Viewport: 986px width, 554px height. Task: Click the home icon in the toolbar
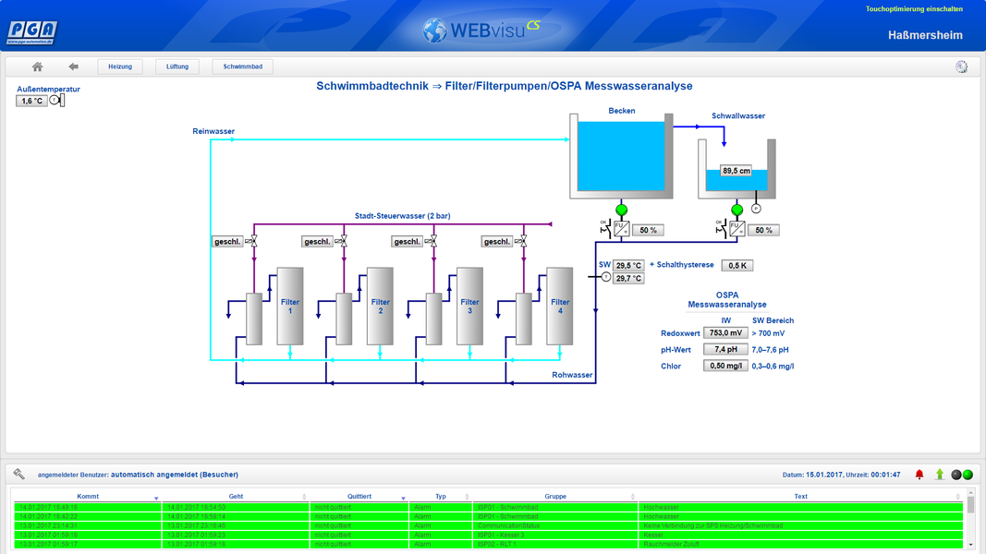[37, 66]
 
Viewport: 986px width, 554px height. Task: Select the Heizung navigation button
[120, 66]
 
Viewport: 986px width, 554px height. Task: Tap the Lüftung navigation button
[177, 66]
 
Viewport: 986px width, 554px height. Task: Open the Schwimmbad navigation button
[243, 66]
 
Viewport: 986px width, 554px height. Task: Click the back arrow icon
[74, 66]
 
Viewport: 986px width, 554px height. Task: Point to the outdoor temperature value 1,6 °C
[31, 101]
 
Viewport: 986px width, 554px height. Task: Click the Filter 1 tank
[289, 306]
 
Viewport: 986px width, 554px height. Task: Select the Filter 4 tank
[559, 306]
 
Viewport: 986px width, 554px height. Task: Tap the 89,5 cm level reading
[736, 171]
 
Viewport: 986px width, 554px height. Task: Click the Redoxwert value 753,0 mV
[725, 332]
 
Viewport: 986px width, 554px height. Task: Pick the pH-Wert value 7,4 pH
[725, 350]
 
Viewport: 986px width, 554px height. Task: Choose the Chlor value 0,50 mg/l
[725, 367]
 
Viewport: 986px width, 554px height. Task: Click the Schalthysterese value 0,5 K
[736, 265]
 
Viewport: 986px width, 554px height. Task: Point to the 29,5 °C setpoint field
[628, 265]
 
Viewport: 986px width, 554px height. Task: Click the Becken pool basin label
[622, 111]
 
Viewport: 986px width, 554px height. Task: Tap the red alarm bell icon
[919, 475]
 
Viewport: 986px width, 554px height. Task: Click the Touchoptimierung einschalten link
[914, 9]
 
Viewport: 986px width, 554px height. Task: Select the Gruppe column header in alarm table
[554, 497]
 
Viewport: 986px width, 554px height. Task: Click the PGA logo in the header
[32, 32]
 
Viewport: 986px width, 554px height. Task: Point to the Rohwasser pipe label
[572, 375]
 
